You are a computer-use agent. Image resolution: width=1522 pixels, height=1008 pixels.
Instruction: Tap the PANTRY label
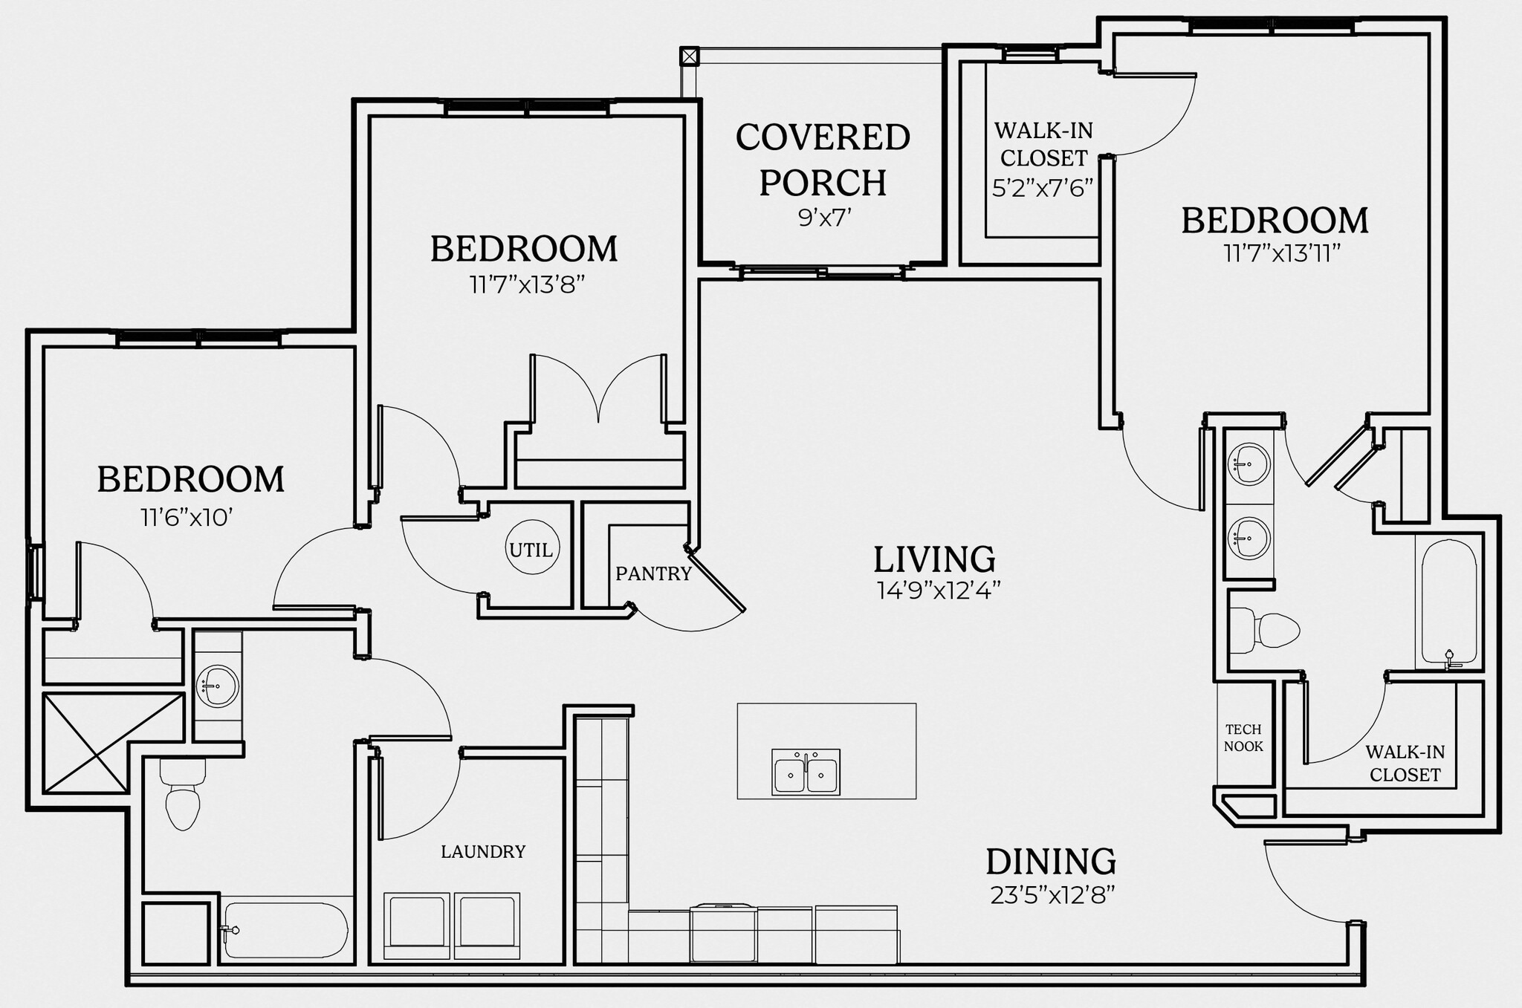click(653, 573)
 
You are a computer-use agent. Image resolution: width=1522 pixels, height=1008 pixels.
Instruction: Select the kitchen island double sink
click(806, 773)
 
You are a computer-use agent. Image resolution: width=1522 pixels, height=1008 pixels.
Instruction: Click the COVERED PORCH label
click(823, 160)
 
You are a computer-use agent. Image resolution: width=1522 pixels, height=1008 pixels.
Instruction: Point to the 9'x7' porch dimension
click(824, 218)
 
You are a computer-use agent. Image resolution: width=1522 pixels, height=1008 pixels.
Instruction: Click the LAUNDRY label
click(483, 851)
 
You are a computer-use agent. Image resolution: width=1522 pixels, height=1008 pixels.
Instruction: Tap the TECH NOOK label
click(1243, 738)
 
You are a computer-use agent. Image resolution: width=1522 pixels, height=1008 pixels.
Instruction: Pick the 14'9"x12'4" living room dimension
click(938, 591)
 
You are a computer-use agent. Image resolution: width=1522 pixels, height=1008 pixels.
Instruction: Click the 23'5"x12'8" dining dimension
click(1052, 896)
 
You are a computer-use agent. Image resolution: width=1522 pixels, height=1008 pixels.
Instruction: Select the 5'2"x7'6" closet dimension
click(1043, 188)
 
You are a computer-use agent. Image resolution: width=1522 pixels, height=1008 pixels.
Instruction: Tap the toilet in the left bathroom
click(182, 795)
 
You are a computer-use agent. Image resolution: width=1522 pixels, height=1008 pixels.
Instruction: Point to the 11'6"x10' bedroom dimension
click(187, 517)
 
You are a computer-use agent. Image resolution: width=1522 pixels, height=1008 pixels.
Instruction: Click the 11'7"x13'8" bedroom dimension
click(527, 284)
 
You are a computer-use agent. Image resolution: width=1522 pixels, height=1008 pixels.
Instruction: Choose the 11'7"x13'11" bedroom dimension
click(1282, 254)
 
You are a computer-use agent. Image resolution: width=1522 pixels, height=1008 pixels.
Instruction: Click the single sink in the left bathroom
click(218, 685)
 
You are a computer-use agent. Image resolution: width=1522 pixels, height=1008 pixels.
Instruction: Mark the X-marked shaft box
click(113, 743)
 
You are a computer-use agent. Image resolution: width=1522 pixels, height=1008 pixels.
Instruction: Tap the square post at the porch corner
click(690, 56)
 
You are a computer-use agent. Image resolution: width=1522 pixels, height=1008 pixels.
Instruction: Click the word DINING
click(1051, 862)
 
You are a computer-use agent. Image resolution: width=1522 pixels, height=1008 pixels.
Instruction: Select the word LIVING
click(934, 559)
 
